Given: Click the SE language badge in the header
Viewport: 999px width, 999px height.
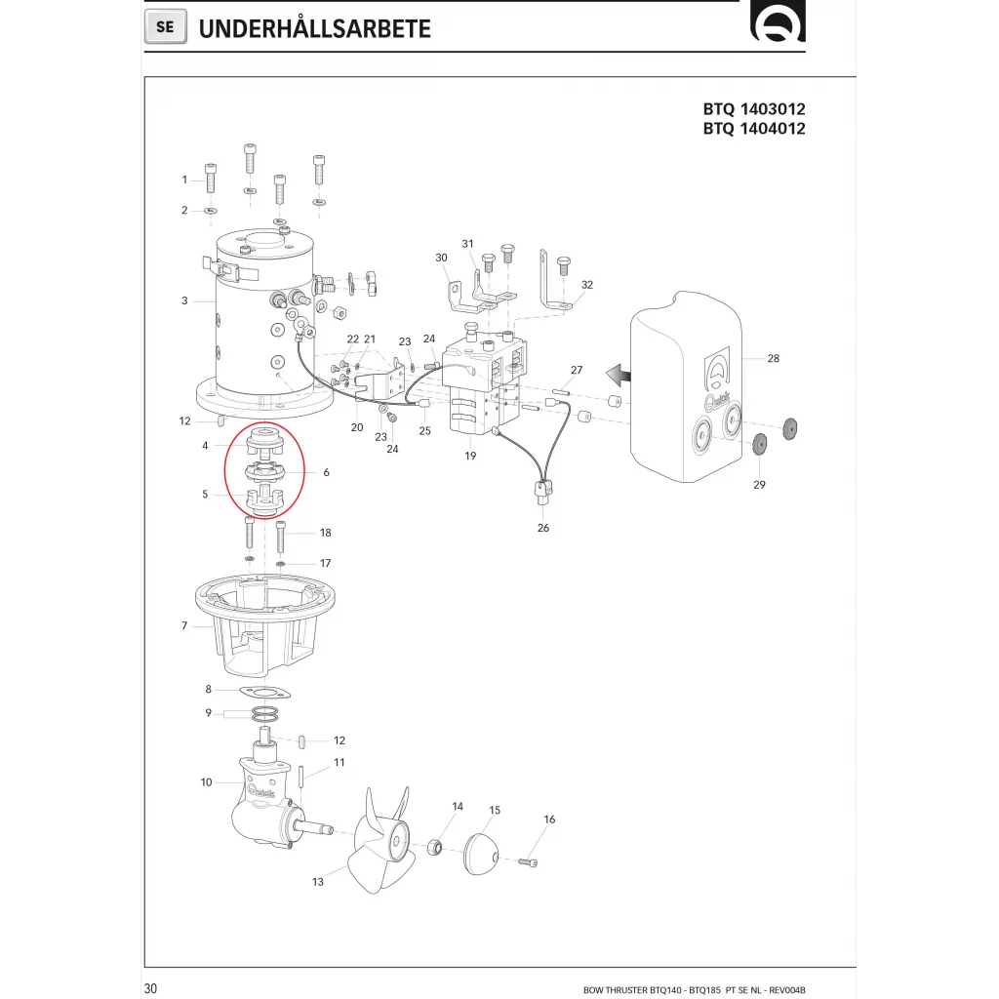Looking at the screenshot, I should (x=165, y=27).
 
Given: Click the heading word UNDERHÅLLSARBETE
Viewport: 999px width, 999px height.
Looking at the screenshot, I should (x=314, y=28).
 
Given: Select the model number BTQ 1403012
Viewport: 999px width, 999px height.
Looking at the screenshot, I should (x=754, y=109).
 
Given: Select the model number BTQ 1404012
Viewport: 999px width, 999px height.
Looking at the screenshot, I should (x=754, y=129).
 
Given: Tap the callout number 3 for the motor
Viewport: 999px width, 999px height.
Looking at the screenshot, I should (x=184, y=300).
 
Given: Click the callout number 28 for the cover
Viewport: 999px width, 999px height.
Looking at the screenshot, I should (x=773, y=359).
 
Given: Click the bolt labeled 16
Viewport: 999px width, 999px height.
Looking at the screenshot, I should (x=530, y=861).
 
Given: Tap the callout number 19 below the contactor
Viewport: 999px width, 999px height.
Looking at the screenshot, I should (x=470, y=456).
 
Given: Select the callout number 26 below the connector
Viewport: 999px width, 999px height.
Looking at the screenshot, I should (x=543, y=528).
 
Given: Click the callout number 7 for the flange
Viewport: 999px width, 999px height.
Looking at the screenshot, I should (x=184, y=625).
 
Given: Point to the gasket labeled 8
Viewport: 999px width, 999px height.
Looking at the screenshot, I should (x=264, y=692).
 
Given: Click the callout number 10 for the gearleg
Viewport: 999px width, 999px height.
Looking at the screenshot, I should (x=206, y=782).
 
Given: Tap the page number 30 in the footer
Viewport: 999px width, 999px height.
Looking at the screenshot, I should (x=150, y=990).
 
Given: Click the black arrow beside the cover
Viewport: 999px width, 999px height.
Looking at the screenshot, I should (x=616, y=374).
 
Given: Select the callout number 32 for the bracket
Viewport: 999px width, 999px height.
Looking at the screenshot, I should (x=586, y=285).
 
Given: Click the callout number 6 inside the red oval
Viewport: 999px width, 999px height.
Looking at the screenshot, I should (x=326, y=472).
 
